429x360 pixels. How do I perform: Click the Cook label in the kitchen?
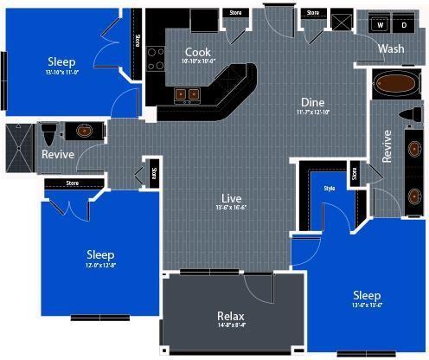click(198, 52)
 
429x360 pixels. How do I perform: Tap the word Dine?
click(312, 101)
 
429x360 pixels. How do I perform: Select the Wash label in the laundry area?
click(391, 49)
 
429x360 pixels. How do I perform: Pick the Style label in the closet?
click(329, 188)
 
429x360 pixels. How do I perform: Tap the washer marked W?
click(379, 25)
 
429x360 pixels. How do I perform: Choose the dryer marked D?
click(404, 25)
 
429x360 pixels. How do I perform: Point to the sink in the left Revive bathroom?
click(84, 132)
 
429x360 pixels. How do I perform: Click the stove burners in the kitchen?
click(157, 58)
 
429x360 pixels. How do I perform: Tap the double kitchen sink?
click(188, 93)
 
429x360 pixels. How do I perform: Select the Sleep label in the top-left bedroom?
click(61, 61)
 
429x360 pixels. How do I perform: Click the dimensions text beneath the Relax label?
click(232, 325)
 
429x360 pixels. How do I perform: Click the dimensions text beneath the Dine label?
click(312, 112)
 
